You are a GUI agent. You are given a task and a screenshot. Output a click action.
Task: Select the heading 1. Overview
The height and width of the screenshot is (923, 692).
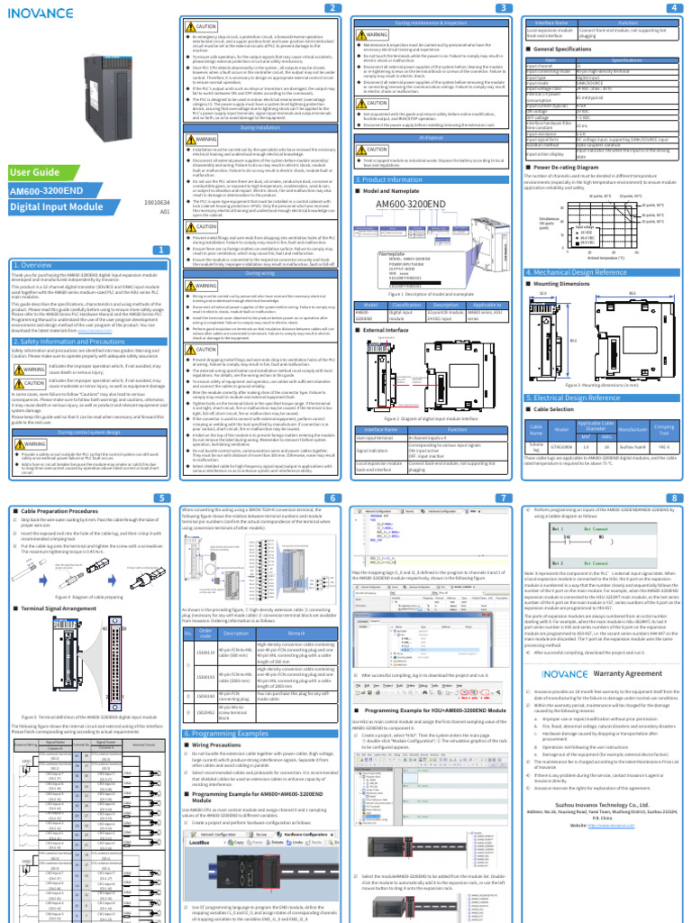tap(32, 264)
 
